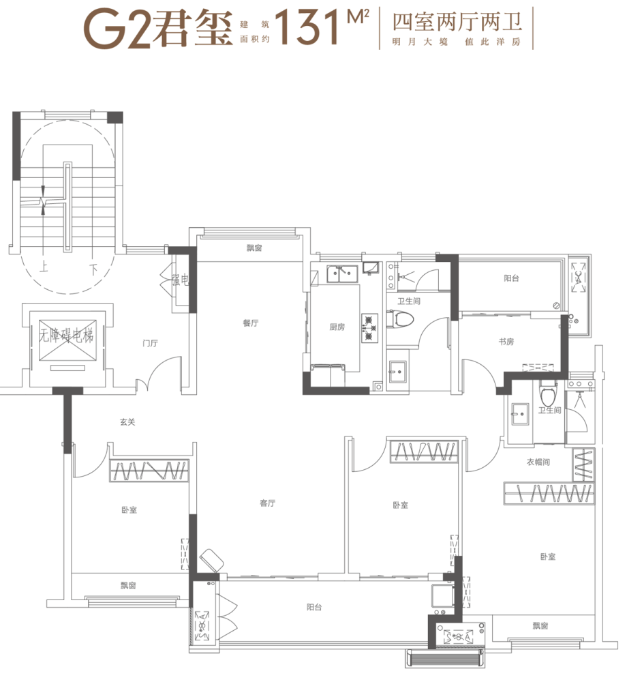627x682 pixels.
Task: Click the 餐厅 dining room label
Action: tap(251, 323)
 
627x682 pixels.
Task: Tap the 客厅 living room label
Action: tap(268, 503)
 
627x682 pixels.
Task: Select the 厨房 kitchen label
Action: tap(337, 327)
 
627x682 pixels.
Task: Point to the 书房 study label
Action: tap(506, 342)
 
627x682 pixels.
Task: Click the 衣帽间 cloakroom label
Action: tap(538, 462)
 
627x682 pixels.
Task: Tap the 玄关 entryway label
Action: tap(127, 422)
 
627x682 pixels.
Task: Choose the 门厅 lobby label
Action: tap(151, 344)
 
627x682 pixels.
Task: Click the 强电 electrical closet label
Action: tap(181, 280)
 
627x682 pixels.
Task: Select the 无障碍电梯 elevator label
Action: tap(67, 336)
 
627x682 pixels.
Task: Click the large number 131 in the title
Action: tap(307, 27)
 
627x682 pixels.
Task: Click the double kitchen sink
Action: tap(342, 274)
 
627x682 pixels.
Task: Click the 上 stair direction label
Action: tap(44, 266)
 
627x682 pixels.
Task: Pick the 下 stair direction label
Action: tap(93, 269)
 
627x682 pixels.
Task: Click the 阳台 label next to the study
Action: tap(511, 278)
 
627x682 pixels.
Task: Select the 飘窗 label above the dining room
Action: tap(255, 248)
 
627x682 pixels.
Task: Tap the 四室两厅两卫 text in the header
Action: tap(457, 23)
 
